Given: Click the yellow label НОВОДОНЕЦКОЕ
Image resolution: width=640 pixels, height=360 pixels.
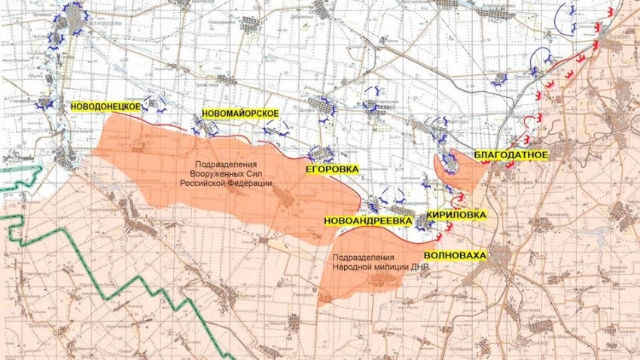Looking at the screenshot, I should pyautogui.click(x=106, y=108).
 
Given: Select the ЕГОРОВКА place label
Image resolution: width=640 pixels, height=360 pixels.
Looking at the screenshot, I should pyautogui.click(x=331, y=169).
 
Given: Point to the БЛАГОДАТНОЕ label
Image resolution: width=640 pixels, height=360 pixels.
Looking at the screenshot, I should pyautogui.click(x=511, y=155).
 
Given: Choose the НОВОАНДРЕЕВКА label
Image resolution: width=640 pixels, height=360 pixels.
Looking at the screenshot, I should pyautogui.click(x=368, y=221).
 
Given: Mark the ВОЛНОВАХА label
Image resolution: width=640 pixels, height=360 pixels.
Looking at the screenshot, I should pyautogui.click(x=455, y=255).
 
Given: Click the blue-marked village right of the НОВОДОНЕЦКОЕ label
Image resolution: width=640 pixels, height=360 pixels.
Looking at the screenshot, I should pyautogui.click(x=156, y=103).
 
